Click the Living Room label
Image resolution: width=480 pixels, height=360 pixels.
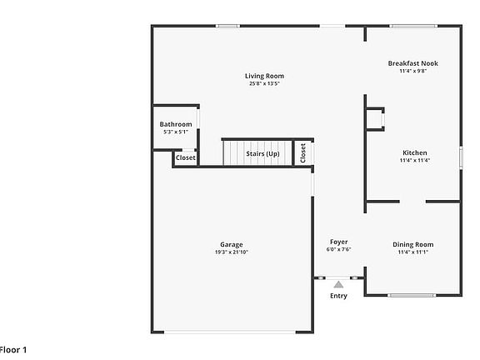coord(264,76)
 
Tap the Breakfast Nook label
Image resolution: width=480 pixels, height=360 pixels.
coord(412,63)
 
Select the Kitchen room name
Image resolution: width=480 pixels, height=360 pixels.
coord(414,152)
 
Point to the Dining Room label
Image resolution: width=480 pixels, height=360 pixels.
coord(412,244)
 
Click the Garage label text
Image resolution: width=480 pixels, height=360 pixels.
coord(232,244)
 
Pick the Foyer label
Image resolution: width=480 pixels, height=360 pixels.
coord(338,242)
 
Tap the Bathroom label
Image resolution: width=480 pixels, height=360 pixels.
coord(176,124)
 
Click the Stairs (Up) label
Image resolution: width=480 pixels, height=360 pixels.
coord(262,154)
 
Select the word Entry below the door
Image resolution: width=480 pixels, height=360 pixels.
coord(338,296)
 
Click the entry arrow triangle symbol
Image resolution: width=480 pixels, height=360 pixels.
coord(338,285)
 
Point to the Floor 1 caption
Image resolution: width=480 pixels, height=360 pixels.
coord(13,350)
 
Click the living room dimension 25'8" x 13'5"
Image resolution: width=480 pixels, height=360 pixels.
coord(264,83)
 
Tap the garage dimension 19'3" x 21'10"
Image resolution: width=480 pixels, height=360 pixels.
coord(232,252)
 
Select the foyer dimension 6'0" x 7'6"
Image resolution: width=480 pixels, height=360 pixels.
coord(338,249)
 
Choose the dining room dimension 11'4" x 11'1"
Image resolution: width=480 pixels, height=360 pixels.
coord(412,252)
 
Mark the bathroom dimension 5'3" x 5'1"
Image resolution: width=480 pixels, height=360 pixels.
coord(176,132)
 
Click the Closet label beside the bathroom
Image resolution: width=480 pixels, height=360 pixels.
coord(185,157)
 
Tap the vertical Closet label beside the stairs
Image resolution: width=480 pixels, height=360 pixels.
coord(303,152)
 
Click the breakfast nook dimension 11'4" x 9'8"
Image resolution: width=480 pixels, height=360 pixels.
coord(412,71)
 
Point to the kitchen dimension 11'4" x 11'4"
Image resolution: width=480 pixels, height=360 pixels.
coord(414,160)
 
